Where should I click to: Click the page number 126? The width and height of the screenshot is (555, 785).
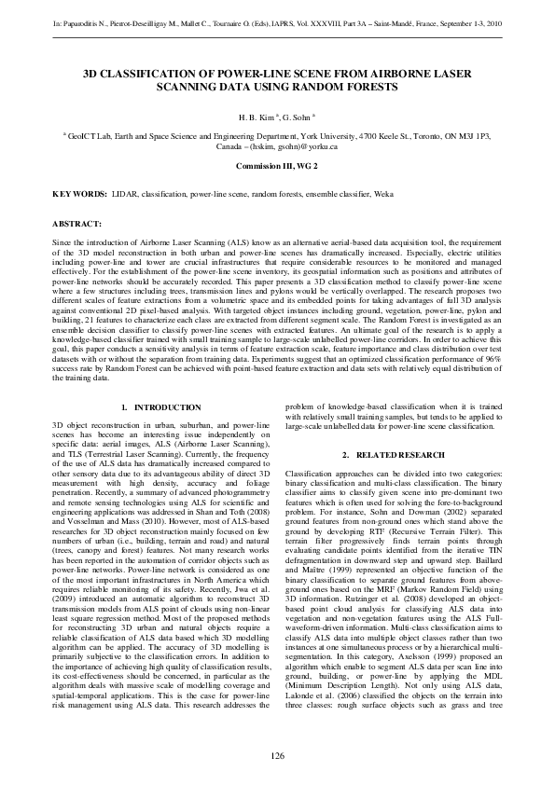point(277,755)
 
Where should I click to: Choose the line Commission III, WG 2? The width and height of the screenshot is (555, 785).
point(277,164)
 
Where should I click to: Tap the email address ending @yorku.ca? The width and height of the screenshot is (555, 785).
point(291,146)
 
